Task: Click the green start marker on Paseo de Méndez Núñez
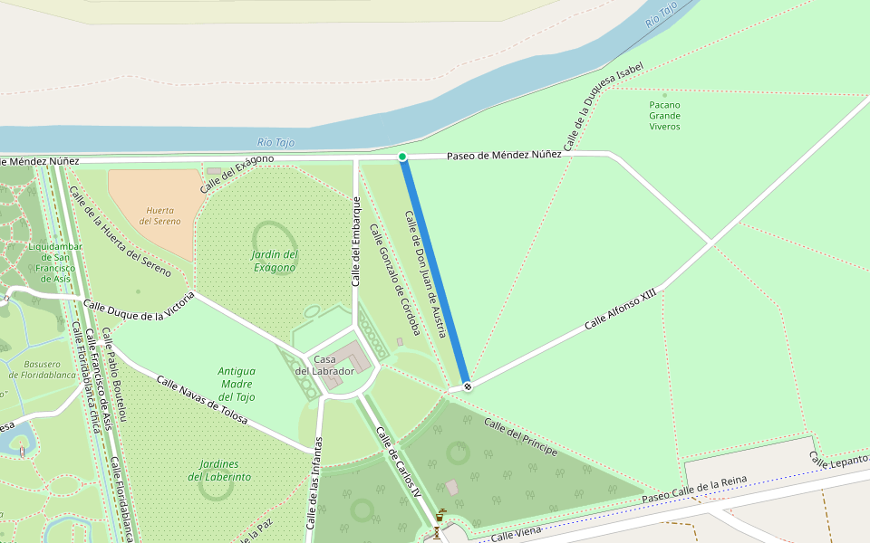pyautogui.click(x=402, y=157)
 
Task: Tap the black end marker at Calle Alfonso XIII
pyautogui.click(x=468, y=386)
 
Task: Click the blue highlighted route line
pyautogui.click(x=435, y=271)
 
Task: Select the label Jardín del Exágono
pyautogui.click(x=274, y=261)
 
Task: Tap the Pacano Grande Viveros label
pyautogui.click(x=664, y=116)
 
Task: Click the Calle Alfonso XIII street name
pyautogui.click(x=620, y=310)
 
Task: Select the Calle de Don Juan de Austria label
pyautogui.click(x=425, y=274)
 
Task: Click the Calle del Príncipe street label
pyautogui.click(x=520, y=437)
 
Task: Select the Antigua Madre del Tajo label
pyautogui.click(x=237, y=384)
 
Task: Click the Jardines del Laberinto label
pyautogui.click(x=219, y=471)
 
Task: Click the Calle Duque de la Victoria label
pyautogui.click(x=139, y=310)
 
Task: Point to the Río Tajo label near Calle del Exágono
pyautogui.click(x=276, y=142)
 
